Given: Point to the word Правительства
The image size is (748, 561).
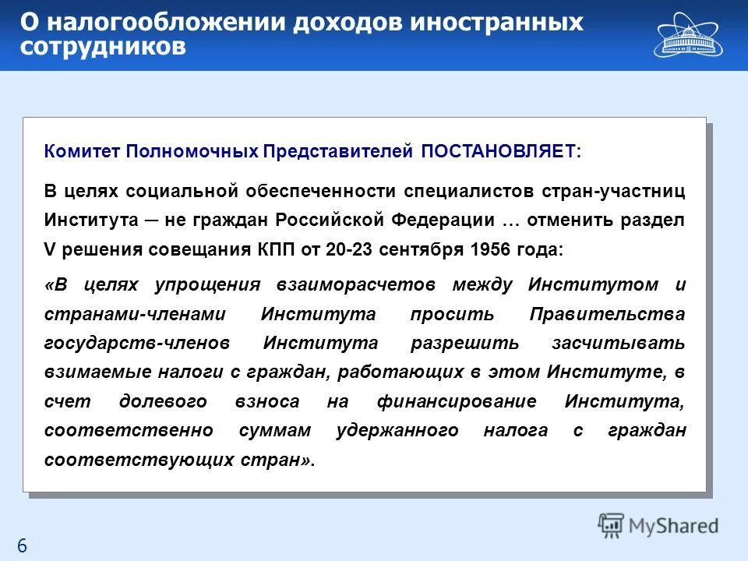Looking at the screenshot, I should [x=607, y=314].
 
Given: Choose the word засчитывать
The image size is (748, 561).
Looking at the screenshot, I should [x=619, y=344].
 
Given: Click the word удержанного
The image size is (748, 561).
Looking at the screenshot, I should [x=397, y=431].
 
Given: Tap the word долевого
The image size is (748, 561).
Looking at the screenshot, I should [x=163, y=401].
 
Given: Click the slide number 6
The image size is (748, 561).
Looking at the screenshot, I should [x=22, y=546].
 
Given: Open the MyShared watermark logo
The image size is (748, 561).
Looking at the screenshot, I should [x=658, y=525].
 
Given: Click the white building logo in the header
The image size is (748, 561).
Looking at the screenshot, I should [x=690, y=34].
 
